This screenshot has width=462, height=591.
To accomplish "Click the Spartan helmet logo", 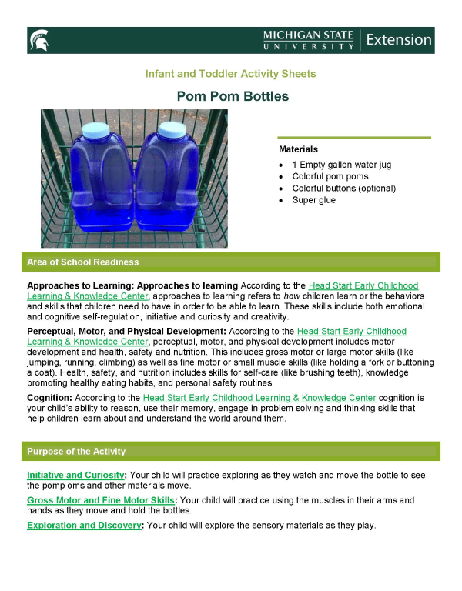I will point(39,39).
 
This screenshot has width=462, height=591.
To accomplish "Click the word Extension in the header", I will point(399,39).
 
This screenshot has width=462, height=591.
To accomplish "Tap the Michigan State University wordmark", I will point(307,40).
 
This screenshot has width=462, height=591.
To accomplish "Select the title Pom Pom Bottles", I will point(233,97).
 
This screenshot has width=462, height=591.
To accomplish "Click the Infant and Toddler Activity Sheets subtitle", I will point(230,74).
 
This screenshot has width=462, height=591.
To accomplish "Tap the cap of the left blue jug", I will point(96,129).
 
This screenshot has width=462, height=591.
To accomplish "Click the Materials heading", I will point(298,149).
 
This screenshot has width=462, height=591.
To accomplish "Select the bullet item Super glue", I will point(313,200).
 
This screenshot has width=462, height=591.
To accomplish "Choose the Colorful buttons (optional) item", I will point(343,188).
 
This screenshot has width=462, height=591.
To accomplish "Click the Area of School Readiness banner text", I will point(82,262).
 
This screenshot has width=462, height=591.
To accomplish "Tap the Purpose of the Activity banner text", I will point(76,452).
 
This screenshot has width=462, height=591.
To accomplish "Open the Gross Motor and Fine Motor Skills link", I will point(100,500).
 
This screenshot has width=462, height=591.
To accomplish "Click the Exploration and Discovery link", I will point(84,525).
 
